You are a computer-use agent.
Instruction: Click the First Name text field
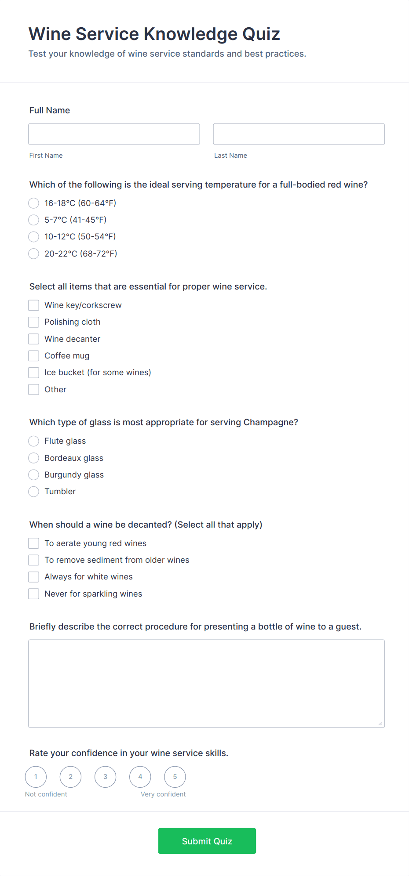click(x=114, y=134)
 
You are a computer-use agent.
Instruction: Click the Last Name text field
click(x=299, y=134)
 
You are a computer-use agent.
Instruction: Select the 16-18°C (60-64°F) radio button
click(x=34, y=203)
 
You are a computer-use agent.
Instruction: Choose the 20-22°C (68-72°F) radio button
click(x=34, y=253)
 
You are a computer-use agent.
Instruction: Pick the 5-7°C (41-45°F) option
click(x=34, y=220)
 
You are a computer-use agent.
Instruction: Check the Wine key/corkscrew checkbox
click(x=34, y=305)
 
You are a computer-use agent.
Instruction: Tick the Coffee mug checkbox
click(x=34, y=355)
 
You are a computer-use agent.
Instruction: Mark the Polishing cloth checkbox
click(x=34, y=322)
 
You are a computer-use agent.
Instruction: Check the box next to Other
click(x=34, y=389)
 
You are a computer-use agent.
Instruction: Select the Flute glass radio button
click(x=34, y=441)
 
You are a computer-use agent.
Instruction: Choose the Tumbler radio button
click(x=34, y=492)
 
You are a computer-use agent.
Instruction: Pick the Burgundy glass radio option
click(x=34, y=475)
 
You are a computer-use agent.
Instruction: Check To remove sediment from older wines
click(x=34, y=560)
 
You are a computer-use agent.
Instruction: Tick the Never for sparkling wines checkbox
click(x=34, y=594)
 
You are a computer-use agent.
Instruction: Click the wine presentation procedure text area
click(x=206, y=684)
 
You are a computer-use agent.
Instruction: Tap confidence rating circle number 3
click(x=106, y=777)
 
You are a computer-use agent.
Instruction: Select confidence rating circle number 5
click(x=175, y=777)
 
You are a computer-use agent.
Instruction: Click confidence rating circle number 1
click(x=36, y=777)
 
